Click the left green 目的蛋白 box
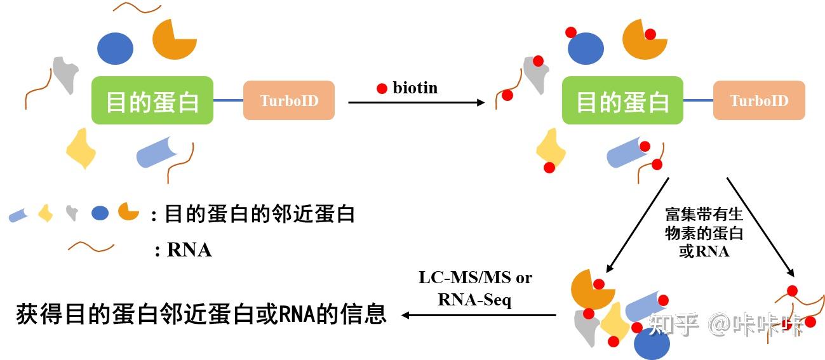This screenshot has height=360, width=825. (x=152, y=100)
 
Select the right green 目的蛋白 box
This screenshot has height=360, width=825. (x=622, y=100)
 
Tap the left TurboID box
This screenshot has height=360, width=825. (x=289, y=100)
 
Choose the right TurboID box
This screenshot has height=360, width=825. (x=758, y=100)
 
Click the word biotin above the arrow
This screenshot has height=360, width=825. (x=415, y=88)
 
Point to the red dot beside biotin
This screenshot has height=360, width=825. (x=382, y=89)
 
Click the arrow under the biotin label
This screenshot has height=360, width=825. (x=416, y=102)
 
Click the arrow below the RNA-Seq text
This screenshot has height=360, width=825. (x=480, y=315)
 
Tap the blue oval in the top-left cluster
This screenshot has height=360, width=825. (x=115, y=48)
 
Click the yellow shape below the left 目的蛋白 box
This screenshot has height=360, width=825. (x=81, y=148)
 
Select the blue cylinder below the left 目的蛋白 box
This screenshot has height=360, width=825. (x=156, y=152)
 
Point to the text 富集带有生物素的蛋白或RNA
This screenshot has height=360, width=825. (x=704, y=232)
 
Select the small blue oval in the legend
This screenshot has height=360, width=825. (x=100, y=213)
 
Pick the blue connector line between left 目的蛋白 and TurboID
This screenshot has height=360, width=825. (x=228, y=100)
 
